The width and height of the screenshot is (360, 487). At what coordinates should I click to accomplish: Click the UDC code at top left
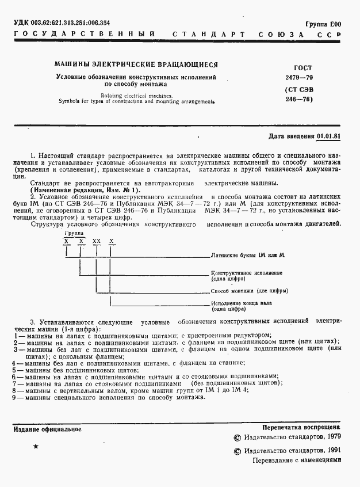pyautogui.click(x=62, y=23)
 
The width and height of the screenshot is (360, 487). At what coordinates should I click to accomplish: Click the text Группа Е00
pyautogui.click(x=324, y=24)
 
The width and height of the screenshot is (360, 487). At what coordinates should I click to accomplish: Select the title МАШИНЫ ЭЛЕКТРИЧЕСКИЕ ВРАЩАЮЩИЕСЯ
pyautogui.click(x=135, y=65)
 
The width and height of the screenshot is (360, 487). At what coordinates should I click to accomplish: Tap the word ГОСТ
pyautogui.click(x=302, y=67)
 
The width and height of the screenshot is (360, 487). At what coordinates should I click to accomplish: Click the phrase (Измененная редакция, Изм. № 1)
pyautogui.click(x=85, y=189)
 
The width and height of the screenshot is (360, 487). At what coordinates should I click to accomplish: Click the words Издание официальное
pyautogui.click(x=47, y=429)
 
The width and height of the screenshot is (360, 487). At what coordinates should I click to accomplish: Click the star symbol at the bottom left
pyautogui.click(x=36, y=447)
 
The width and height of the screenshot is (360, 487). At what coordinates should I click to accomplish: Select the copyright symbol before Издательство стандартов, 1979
pyautogui.click(x=237, y=438)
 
